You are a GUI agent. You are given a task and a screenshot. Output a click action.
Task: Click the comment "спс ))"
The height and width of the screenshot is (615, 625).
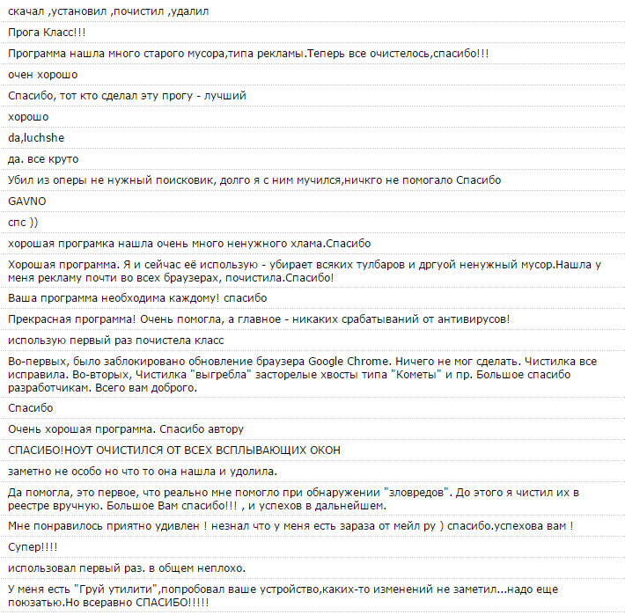(23, 222)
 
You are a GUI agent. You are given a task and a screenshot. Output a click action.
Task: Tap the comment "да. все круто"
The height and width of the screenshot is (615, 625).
(43, 158)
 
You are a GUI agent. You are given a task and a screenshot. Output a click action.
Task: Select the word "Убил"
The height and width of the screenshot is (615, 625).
(20, 179)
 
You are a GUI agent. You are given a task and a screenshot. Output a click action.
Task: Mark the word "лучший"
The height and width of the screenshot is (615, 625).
(224, 95)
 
